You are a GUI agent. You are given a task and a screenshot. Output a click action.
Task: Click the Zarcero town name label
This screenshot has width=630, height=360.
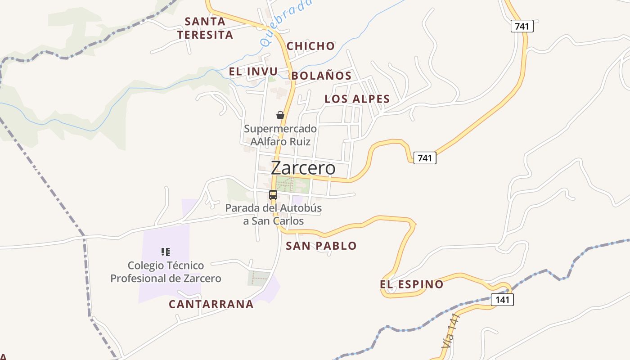(x=303, y=168)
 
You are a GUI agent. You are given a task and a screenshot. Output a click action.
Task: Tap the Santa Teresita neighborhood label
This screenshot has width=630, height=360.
(x=205, y=28)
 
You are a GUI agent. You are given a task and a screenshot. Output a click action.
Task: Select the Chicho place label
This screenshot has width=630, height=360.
(x=310, y=46)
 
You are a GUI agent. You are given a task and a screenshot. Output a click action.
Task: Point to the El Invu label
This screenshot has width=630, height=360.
(x=253, y=72)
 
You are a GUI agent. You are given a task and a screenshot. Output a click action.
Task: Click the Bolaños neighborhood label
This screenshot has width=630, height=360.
(x=321, y=76)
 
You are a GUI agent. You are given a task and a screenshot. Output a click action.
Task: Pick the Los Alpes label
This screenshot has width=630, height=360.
(x=357, y=99)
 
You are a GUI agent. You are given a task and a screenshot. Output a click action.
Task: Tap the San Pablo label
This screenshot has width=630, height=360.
(x=321, y=246)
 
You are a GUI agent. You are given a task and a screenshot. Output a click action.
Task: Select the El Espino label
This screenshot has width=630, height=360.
(x=411, y=284)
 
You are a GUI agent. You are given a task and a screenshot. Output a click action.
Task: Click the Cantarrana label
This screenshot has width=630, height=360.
(x=211, y=304)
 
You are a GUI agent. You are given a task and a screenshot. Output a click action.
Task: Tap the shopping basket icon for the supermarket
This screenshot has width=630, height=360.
(x=280, y=115)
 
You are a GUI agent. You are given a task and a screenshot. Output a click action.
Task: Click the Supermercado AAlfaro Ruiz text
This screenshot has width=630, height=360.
(x=280, y=135)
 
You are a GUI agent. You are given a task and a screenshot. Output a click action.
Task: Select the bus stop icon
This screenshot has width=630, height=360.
(x=273, y=195)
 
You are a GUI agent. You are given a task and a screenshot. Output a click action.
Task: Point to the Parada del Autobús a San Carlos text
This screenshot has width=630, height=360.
(x=274, y=215)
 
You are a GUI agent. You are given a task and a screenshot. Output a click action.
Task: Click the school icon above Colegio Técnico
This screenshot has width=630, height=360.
(x=166, y=252)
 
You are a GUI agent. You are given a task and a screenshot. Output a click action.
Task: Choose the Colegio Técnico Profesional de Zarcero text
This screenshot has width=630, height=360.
(x=166, y=272)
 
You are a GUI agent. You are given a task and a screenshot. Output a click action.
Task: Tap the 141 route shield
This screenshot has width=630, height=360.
(x=502, y=300)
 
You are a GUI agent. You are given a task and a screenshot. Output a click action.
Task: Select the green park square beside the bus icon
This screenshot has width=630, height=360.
(x=292, y=184)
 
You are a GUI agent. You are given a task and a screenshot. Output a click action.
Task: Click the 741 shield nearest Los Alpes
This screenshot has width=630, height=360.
(x=424, y=158)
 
